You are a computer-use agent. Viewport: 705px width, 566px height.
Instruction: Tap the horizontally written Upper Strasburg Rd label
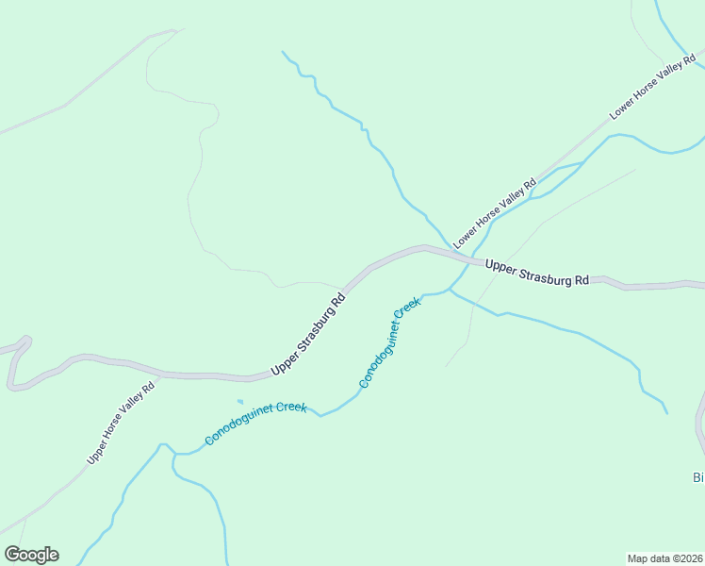click(537, 273)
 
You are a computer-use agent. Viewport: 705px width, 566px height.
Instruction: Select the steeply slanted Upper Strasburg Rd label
click(309, 336)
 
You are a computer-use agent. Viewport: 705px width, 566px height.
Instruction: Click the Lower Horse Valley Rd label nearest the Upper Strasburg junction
click(494, 213)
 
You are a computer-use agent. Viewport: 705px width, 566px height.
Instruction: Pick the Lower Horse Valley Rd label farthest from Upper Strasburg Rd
click(651, 88)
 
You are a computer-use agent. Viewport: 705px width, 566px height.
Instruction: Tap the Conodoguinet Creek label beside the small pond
click(255, 424)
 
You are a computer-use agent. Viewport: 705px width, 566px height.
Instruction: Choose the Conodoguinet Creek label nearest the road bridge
click(388, 343)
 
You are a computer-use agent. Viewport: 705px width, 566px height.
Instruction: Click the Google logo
click(31, 555)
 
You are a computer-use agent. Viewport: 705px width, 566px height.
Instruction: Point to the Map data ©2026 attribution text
click(664, 558)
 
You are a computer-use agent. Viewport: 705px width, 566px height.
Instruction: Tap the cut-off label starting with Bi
click(698, 477)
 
